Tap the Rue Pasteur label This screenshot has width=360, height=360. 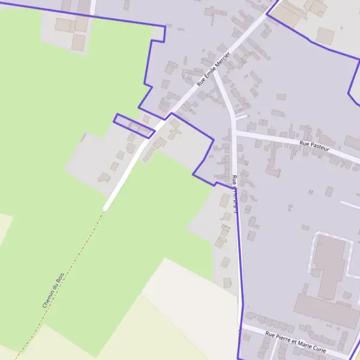pyautogui.click(x=314, y=144)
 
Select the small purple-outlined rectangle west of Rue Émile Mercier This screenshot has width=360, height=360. pyautogui.click(x=134, y=125)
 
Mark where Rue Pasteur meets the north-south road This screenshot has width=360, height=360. pyautogui.click(x=235, y=133)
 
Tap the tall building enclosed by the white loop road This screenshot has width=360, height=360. pyautogui.click(x=329, y=266)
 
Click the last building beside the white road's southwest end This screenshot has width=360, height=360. pyautogui.click(x=104, y=177)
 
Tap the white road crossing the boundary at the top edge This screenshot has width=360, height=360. pyautogui.click(x=93, y=7)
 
